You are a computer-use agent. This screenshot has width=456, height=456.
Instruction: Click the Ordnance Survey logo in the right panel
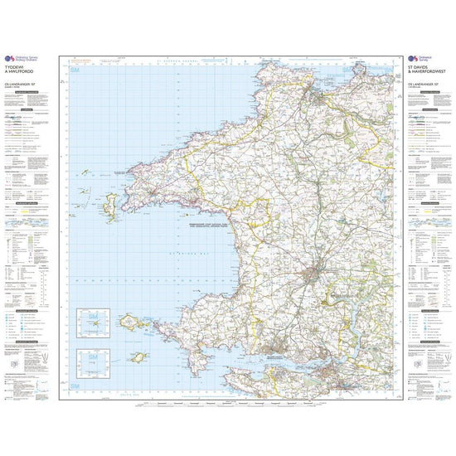(412, 58)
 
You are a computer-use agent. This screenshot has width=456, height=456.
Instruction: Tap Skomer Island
(129, 322)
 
